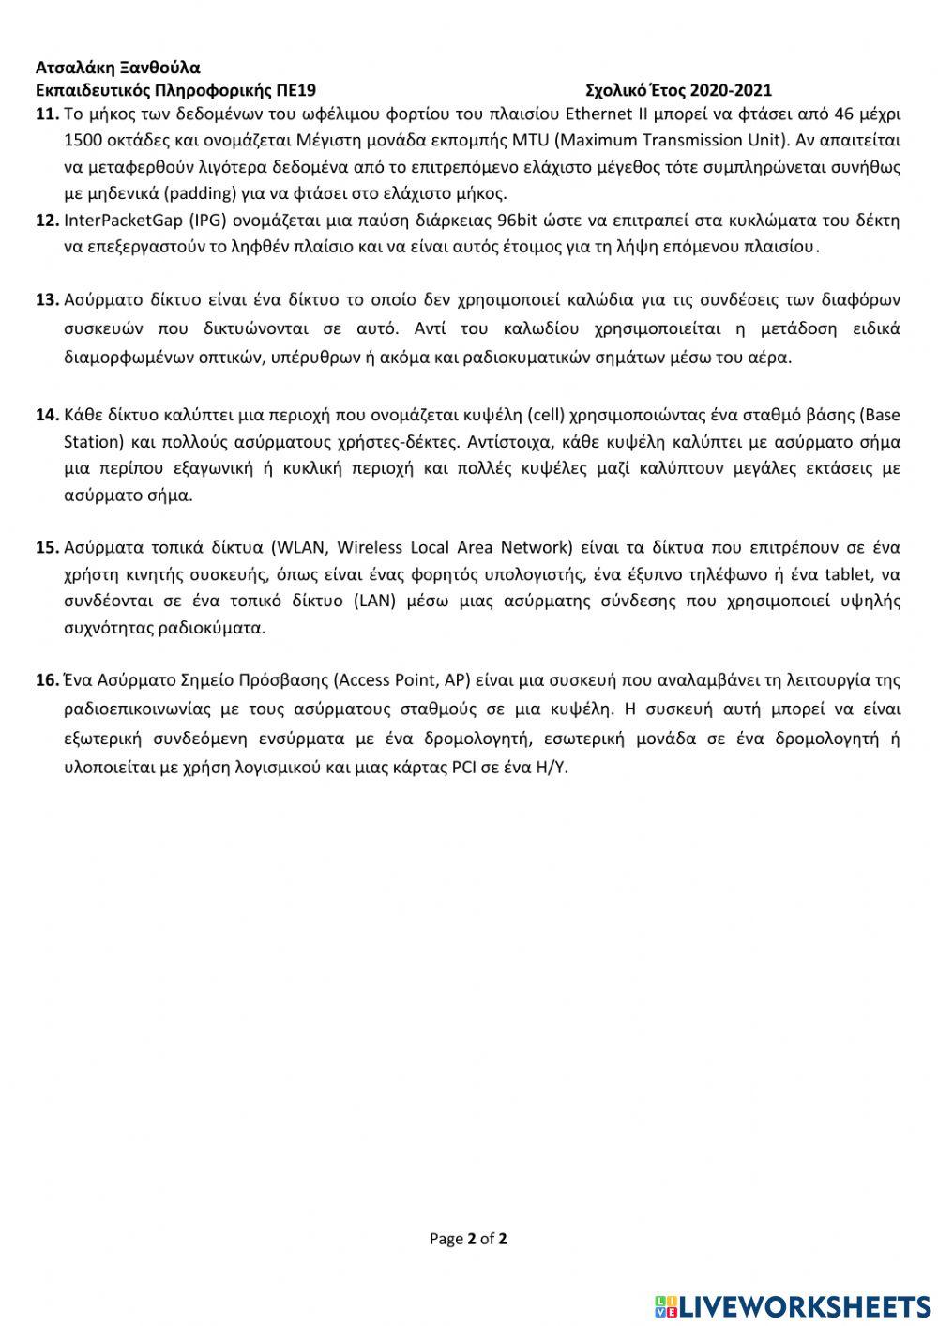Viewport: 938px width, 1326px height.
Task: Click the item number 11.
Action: point(47,115)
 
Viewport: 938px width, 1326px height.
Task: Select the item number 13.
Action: point(47,300)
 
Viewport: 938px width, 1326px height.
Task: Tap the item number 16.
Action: point(47,680)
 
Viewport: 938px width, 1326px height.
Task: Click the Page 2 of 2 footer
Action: point(468,1239)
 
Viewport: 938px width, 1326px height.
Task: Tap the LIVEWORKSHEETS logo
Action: point(793,1305)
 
